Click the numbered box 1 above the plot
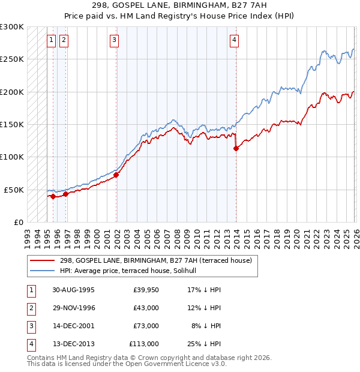click(51, 40)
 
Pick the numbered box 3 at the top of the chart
click(114, 40)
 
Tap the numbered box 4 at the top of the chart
click(234, 40)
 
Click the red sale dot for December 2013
click(236, 149)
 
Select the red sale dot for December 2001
click(116, 175)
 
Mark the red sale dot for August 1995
click(53, 196)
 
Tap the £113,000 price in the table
click(144, 344)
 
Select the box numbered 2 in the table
click(30, 308)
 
